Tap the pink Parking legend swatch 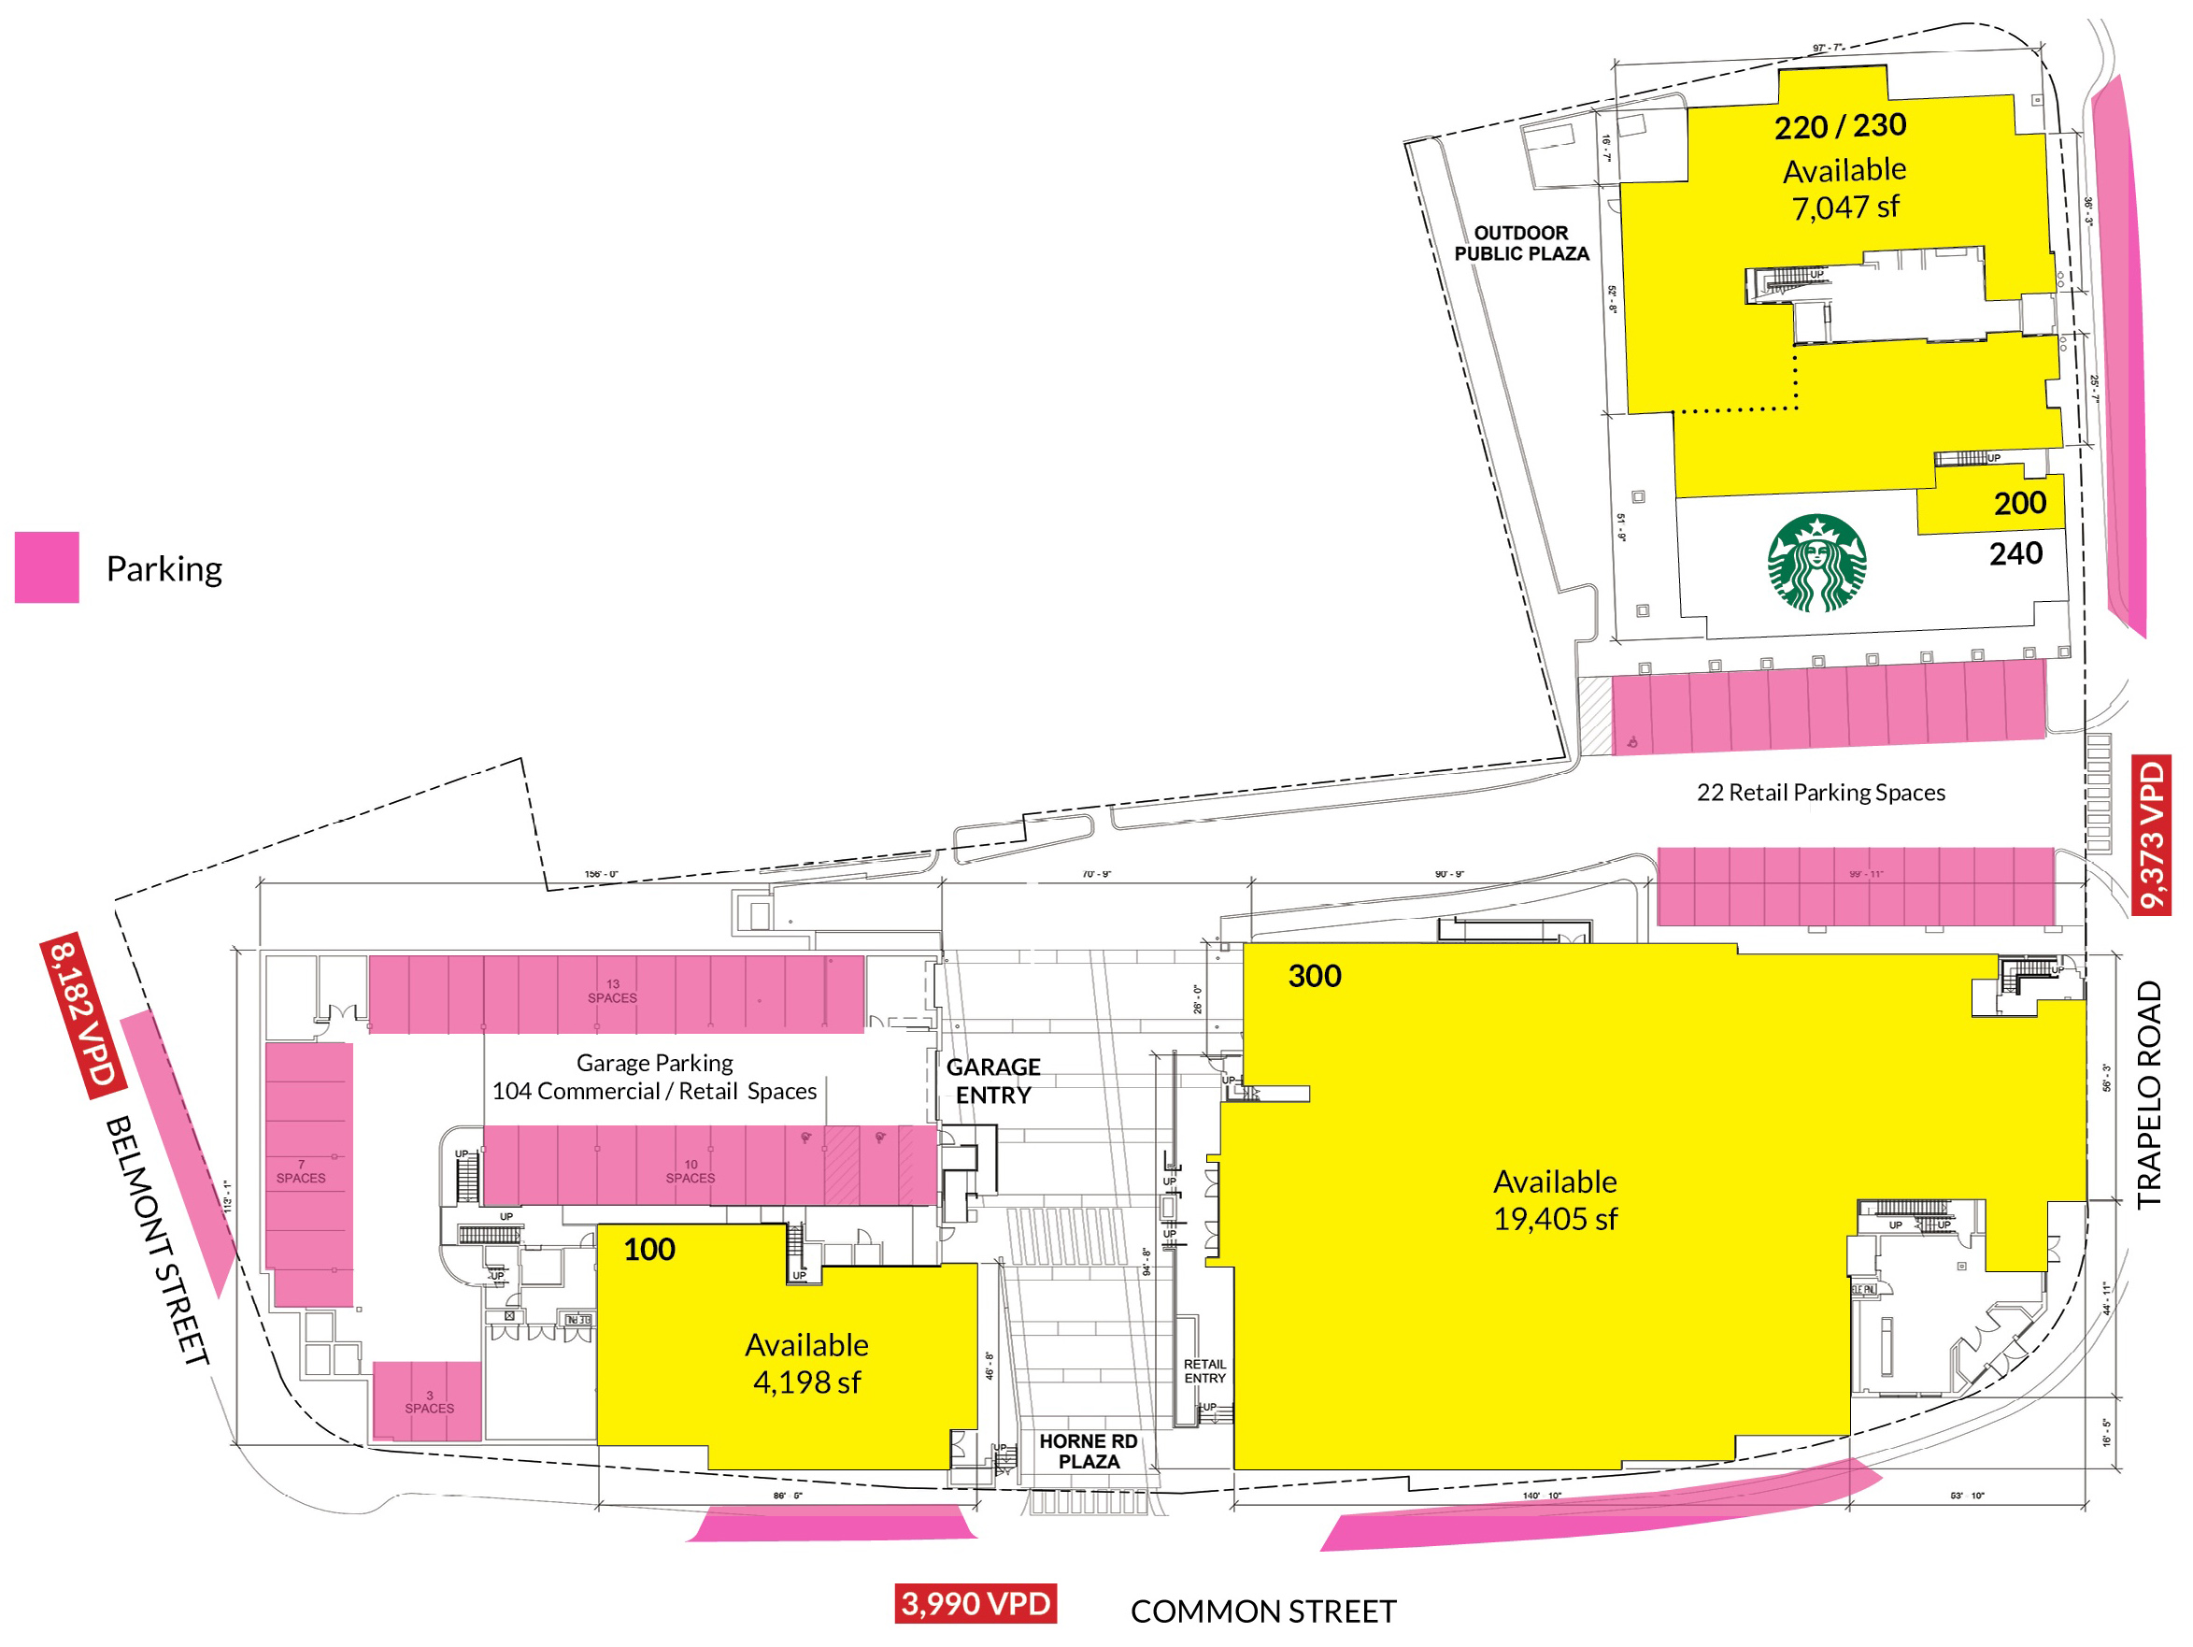tap(47, 567)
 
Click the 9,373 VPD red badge tap(2151, 834)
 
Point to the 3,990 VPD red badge tap(975, 1603)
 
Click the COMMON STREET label tap(1263, 1611)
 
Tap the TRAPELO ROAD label tap(2148, 1095)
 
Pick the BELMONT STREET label tap(158, 1239)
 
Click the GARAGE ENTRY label tap(993, 1081)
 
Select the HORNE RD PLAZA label tap(1088, 1451)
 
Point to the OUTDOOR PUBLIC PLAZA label tap(1521, 243)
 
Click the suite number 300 tap(1315, 976)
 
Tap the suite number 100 tap(649, 1249)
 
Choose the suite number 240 tap(2015, 553)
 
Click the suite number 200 tap(2019, 503)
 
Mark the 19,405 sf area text tap(1555, 1219)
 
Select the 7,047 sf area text tap(1844, 208)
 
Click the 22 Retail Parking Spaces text tap(1820, 793)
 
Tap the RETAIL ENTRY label tap(1204, 1371)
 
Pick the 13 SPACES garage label tap(613, 992)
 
